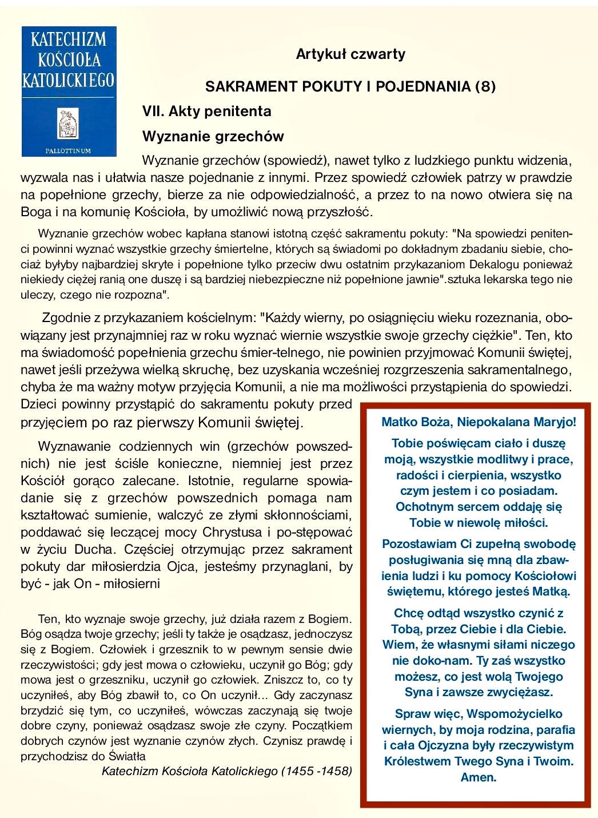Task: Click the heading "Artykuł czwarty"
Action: pyautogui.click(x=350, y=54)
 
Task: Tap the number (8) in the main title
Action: pyautogui.click(x=485, y=86)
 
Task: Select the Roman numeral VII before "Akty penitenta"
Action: pyautogui.click(x=153, y=111)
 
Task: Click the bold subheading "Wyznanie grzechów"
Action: pyautogui.click(x=213, y=136)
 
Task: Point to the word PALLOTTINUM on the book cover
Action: pyautogui.click(x=68, y=150)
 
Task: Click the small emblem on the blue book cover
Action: pyautogui.click(x=68, y=123)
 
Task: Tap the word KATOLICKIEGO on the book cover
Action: pyautogui.click(x=68, y=80)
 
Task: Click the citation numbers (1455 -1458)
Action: pyautogui.click(x=316, y=771)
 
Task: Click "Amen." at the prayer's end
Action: pyautogui.click(x=478, y=777)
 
